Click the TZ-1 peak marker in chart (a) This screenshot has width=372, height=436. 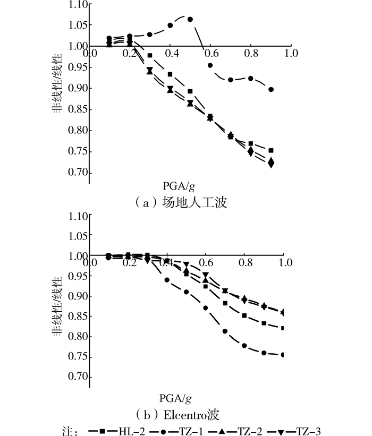tap(190, 19)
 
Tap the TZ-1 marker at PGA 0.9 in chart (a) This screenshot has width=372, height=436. tap(271, 89)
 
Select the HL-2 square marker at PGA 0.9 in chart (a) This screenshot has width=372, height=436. tap(271, 151)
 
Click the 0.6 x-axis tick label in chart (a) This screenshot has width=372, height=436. tap(211, 54)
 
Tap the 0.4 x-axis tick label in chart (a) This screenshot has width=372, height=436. tap(171, 54)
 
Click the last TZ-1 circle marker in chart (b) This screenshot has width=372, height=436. tap(283, 355)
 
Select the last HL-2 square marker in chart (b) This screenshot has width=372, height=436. tap(283, 328)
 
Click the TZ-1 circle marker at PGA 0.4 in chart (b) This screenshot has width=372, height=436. tap(167, 280)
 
